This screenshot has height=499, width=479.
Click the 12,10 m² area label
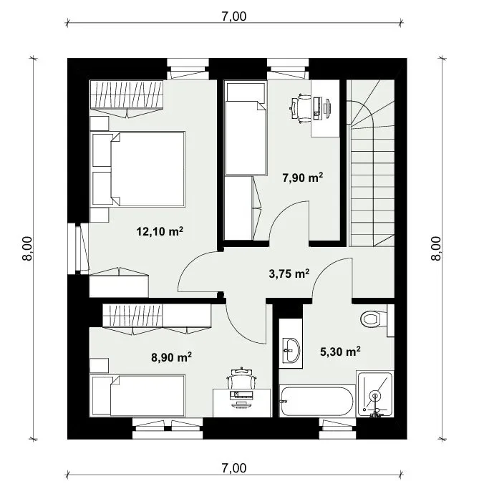pyautogui.click(x=160, y=231)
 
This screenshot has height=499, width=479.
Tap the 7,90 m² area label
pyautogui.click(x=303, y=178)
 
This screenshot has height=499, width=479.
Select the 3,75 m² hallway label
pyautogui.click(x=289, y=273)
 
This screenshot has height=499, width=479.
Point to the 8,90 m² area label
pyautogui.click(x=171, y=357)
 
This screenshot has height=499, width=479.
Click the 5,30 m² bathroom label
pyautogui.click(x=340, y=352)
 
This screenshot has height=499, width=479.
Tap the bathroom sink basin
pyautogui.click(x=291, y=350)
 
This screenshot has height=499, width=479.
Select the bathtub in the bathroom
pyautogui.click(x=317, y=401)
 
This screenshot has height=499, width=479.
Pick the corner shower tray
pyautogui.click(x=375, y=394)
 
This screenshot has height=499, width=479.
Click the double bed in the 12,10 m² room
pyautogui.click(x=138, y=169)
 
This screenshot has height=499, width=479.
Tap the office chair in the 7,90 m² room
pyautogui.click(x=301, y=108)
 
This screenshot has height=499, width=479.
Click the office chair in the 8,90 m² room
pyautogui.click(x=241, y=378)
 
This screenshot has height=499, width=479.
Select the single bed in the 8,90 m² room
pyautogui.click(x=137, y=396)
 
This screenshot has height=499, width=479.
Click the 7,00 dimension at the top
pyautogui.click(x=234, y=16)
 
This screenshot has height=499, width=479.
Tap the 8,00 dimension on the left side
pyautogui.click(x=27, y=249)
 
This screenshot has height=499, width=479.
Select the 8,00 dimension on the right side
pyautogui.click(x=436, y=249)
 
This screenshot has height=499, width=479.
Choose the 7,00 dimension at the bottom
pyautogui.click(x=234, y=468)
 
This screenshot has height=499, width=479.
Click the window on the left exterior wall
pyautogui.click(x=78, y=248)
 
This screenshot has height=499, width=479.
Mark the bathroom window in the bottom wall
pyautogui.click(x=337, y=429)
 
